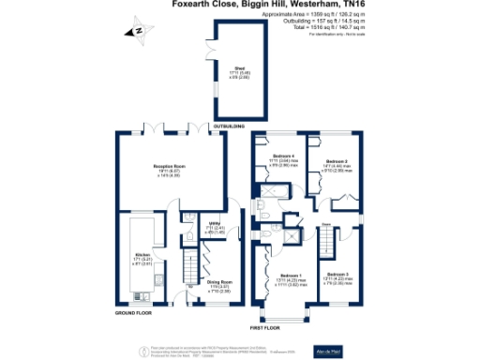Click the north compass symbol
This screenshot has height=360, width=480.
[x=137, y=31]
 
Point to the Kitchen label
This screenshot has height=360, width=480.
[x=143, y=259]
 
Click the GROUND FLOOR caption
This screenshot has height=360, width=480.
[x=133, y=311]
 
